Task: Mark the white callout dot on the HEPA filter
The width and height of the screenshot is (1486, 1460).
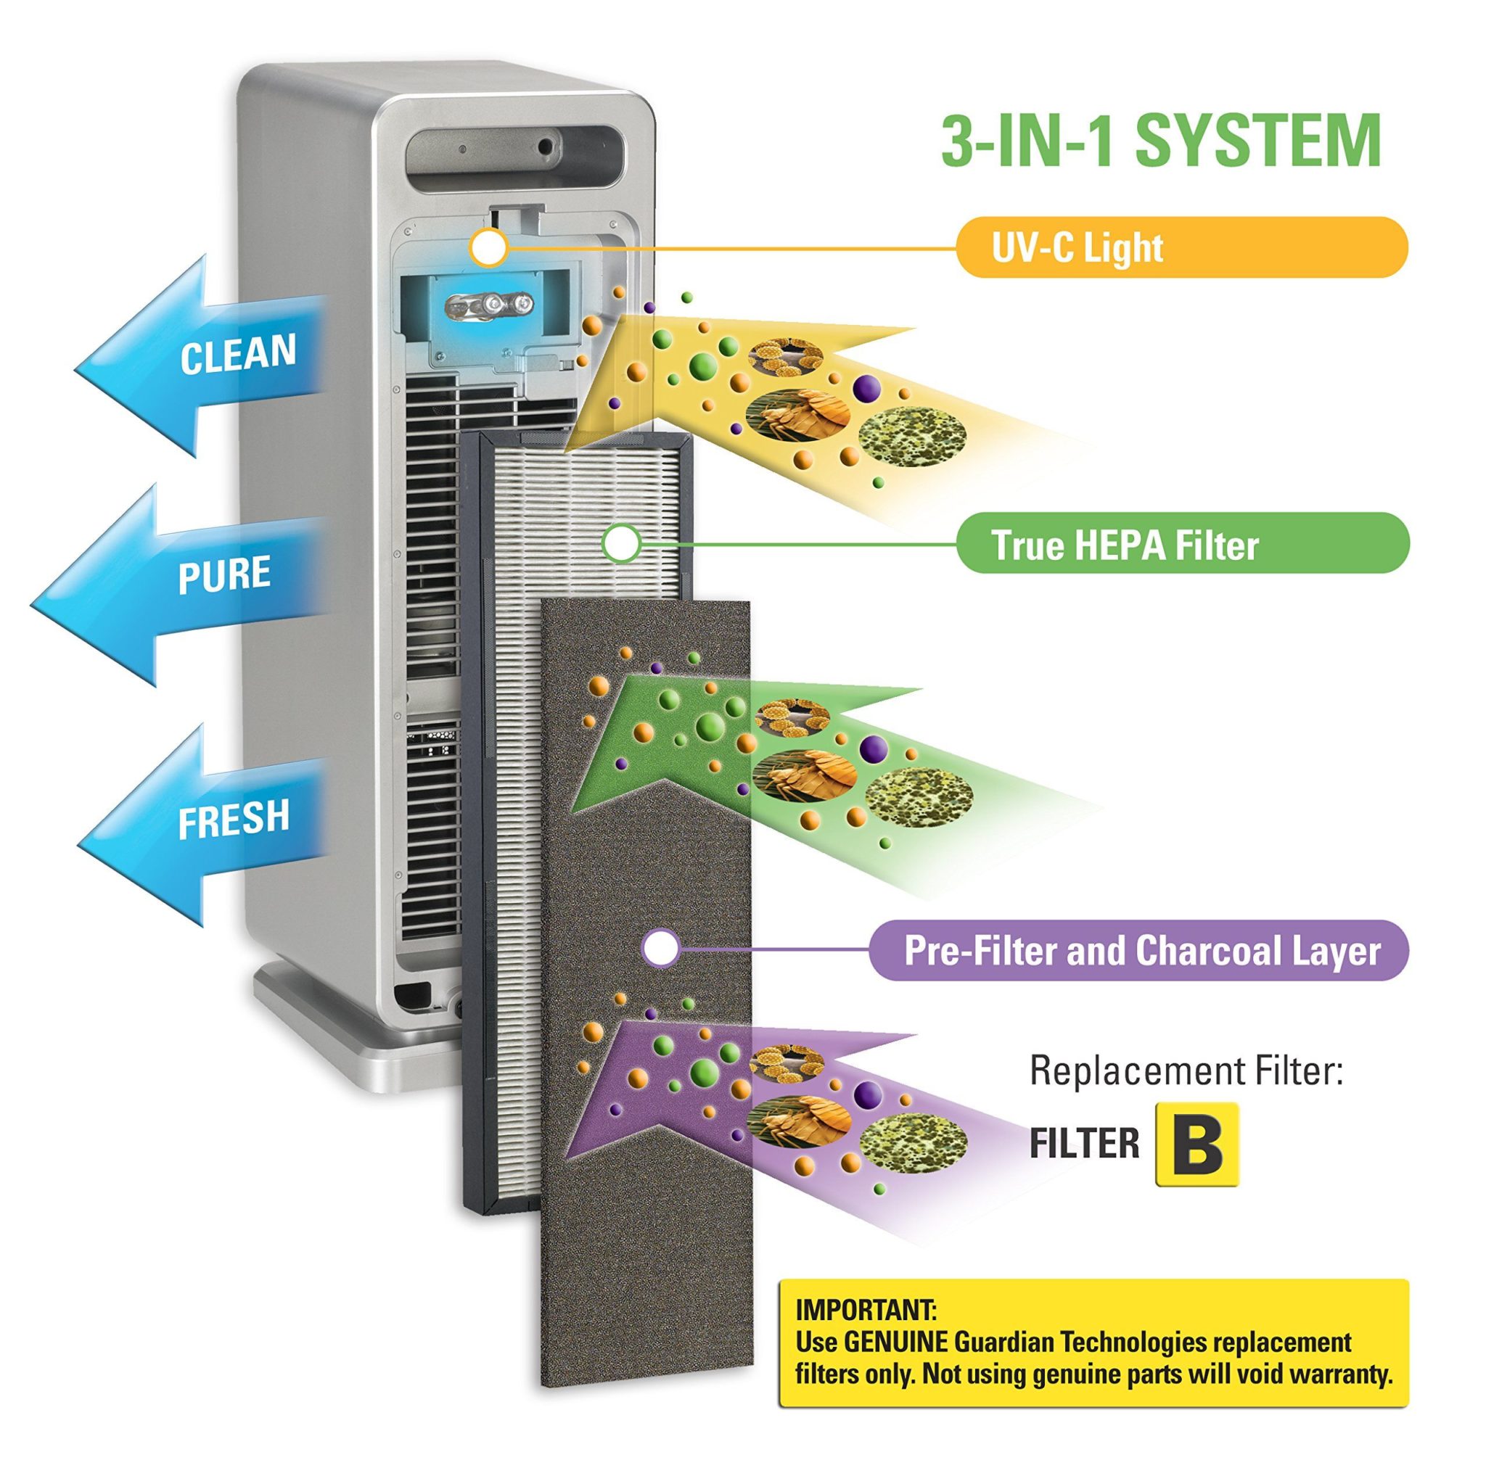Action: tap(620, 543)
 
